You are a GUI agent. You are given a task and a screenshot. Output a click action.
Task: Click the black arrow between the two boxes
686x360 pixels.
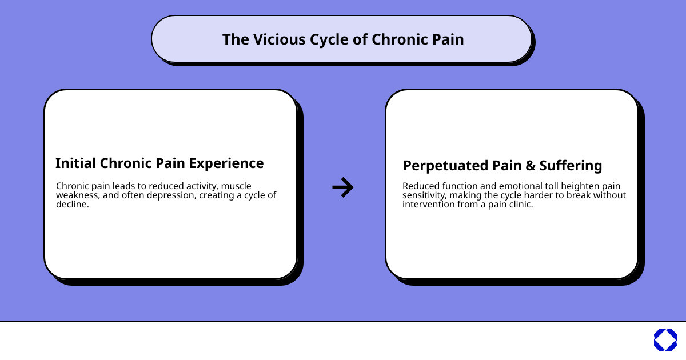tap(343, 187)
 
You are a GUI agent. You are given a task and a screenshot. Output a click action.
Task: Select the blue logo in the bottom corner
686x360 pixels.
tap(665, 340)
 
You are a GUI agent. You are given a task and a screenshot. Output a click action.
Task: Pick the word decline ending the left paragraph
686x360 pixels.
tap(73, 205)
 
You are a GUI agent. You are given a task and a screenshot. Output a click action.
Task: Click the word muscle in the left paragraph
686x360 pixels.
tap(236, 186)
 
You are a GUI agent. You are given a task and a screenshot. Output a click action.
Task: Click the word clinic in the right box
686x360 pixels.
tap(520, 205)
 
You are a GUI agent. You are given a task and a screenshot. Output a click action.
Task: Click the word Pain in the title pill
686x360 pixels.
tap(447, 39)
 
